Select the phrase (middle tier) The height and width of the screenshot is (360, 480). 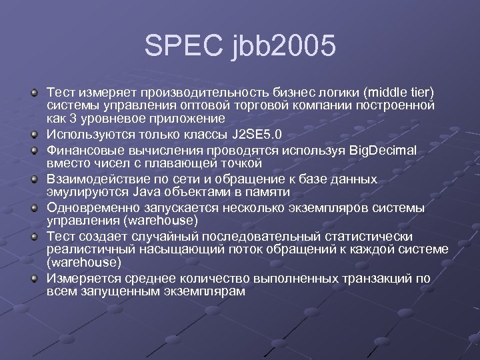click(x=396, y=91)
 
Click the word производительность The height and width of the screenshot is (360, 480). click(x=191, y=91)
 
